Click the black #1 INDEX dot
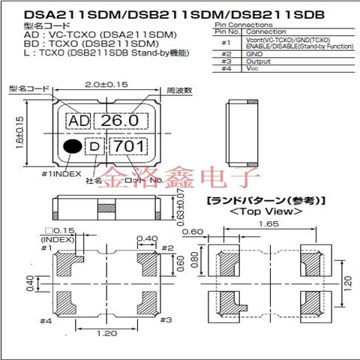(71, 147)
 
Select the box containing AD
(77, 121)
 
